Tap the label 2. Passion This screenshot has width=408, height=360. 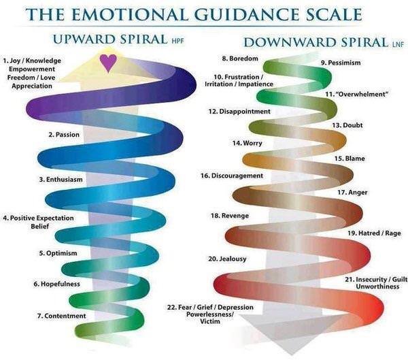coord(64,135)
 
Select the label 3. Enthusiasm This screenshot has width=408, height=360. coord(61,180)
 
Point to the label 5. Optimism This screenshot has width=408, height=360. coord(58,253)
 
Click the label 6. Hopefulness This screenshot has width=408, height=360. coord(56,284)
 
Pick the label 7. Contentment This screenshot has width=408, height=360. coord(62,316)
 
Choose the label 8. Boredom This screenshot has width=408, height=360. coord(240,59)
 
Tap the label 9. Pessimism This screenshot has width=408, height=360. coord(341,63)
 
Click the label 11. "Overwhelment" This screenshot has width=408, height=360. coord(356,94)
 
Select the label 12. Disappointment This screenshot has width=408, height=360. coord(239,112)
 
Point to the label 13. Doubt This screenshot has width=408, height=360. coord(347,125)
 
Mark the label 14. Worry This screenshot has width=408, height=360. coord(248,144)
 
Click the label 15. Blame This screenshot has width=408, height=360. coord(350,159)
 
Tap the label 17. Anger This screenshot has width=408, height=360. coord(352,193)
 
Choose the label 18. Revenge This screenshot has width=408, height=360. coord(230,216)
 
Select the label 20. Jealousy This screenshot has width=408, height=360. coord(227,259)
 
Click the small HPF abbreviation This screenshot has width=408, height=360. coord(178,41)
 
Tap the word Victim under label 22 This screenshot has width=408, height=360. coord(210,321)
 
